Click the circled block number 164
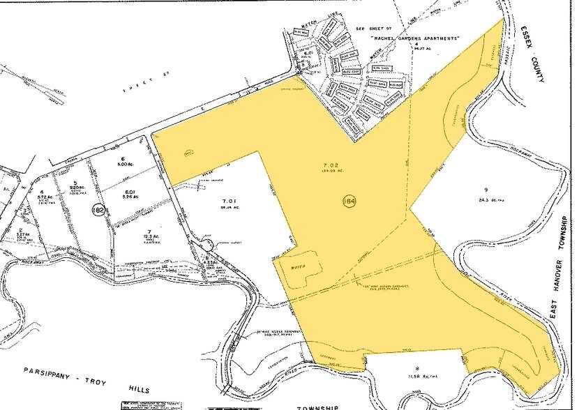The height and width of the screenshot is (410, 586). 347,201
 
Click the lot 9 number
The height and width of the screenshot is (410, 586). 483,190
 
